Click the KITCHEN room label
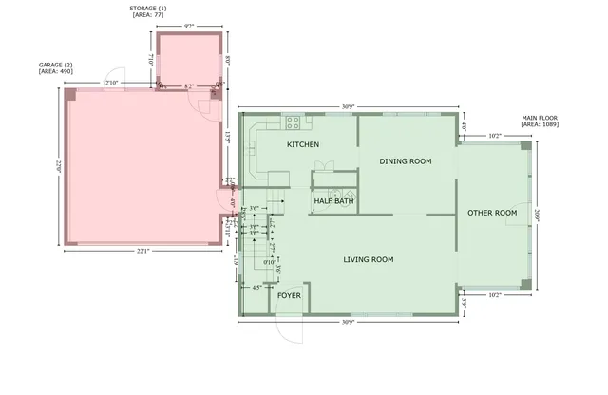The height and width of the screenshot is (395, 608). [x=303, y=144]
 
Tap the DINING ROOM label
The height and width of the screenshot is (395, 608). [x=405, y=161]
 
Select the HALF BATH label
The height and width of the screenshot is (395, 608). [x=333, y=201]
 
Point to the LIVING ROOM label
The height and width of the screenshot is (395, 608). [x=369, y=259]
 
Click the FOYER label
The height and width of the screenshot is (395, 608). [x=289, y=295]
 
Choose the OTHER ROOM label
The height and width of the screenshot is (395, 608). [x=492, y=213]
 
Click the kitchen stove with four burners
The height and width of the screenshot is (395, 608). [x=293, y=122]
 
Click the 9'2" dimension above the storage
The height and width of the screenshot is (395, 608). [x=189, y=27]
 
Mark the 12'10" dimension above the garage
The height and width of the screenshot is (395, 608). [x=110, y=84]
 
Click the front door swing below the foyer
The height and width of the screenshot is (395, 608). [x=289, y=327]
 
